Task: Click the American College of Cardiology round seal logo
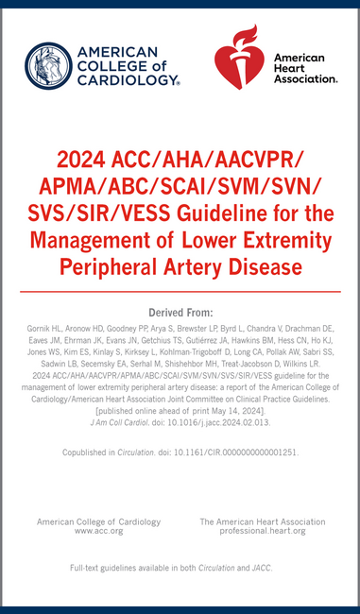(47, 65)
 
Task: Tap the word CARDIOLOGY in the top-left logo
(129, 80)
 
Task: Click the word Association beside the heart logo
(304, 79)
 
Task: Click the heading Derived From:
(180, 312)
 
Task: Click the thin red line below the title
(180, 292)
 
